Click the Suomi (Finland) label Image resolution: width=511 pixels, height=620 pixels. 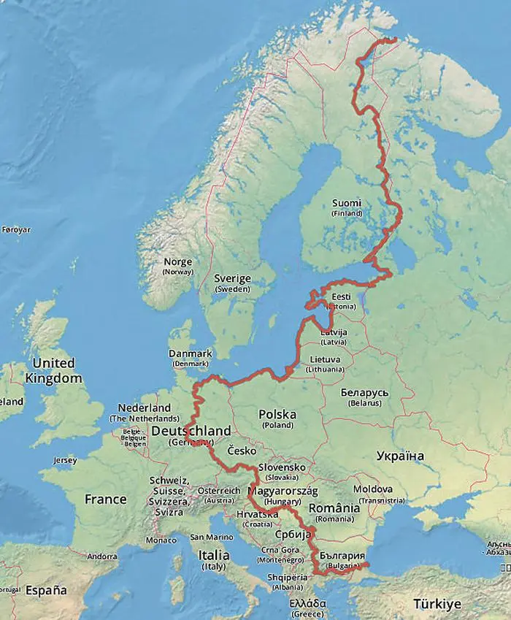[346, 207]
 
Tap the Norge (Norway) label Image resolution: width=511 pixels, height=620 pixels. [178, 266]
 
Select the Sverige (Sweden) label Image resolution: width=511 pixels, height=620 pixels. [232, 283]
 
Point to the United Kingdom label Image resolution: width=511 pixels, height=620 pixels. [53, 370]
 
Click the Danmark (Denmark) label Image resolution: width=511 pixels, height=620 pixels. [190, 357]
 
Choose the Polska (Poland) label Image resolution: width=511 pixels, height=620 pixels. [277, 419]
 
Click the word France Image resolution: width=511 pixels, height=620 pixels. [105, 500]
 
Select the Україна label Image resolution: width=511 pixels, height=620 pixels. [400, 456]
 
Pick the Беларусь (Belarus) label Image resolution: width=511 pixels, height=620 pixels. [364, 397]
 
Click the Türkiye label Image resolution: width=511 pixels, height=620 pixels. [437, 604]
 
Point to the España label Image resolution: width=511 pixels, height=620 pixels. [46, 590]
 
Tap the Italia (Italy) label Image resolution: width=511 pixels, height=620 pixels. [214, 560]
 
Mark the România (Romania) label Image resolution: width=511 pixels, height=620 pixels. [334, 512]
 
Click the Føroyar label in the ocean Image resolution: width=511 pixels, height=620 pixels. [16, 229]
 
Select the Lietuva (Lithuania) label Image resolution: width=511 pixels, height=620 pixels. [324, 364]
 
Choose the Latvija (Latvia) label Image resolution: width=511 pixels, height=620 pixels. [334, 336]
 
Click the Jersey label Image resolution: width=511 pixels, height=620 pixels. [65, 461]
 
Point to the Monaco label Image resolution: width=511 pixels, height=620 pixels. [161, 540]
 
